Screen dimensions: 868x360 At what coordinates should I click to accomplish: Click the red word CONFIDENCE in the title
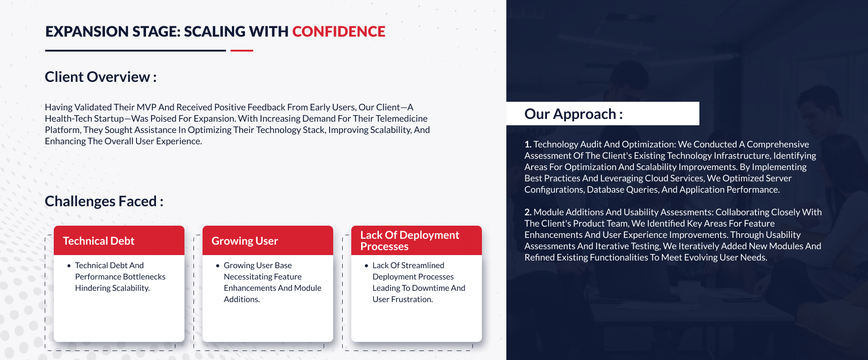pos(339,32)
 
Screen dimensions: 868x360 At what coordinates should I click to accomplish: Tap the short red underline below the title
pos(242,51)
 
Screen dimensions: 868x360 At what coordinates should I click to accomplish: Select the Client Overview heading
pos(100,77)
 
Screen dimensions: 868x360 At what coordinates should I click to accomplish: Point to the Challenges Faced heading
pos(104,201)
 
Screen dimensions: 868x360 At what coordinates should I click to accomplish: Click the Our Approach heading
pos(573,114)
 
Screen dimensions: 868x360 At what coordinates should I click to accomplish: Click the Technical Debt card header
pos(119,241)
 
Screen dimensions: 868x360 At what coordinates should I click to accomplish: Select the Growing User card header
pos(268,241)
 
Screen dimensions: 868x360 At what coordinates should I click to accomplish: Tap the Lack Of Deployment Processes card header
pos(416,241)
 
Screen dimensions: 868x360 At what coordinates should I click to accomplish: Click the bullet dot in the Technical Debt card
pos(69,266)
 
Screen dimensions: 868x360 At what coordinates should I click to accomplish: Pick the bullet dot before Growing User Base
pos(217,266)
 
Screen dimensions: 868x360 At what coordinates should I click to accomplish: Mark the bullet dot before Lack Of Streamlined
pos(366,266)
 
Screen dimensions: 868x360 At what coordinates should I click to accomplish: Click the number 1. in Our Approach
pos(528,144)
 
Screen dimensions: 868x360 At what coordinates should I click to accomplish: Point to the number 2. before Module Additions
pos(528,212)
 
